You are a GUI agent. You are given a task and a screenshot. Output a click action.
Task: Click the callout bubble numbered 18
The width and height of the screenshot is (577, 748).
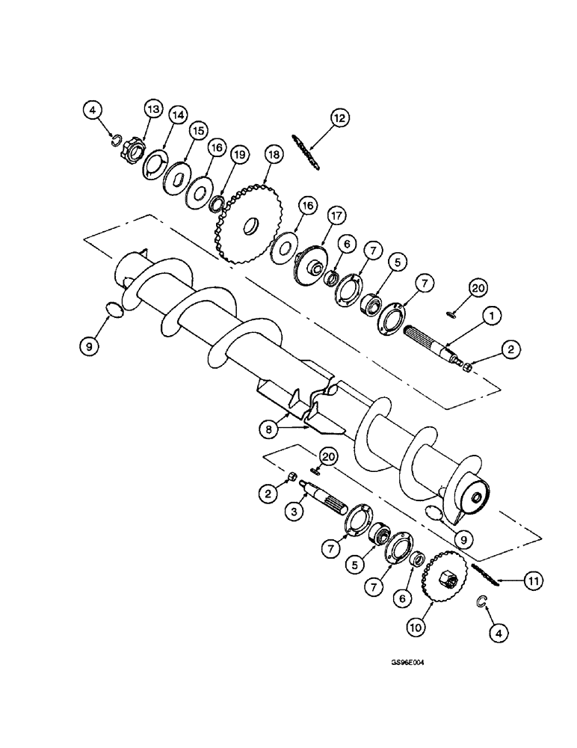pyautogui.click(x=273, y=154)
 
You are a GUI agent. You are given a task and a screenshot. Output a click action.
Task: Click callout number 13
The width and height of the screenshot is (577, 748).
pyautogui.click(x=152, y=110)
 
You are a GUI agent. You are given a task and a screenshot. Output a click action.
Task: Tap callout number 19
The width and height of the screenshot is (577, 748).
pyautogui.click(x=238, y=156)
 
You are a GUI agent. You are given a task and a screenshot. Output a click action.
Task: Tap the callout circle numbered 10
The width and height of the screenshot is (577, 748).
pyautogui.click(x=416, y=624)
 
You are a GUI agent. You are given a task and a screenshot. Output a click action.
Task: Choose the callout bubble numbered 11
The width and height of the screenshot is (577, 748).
pyautogui.click(x=532, y=580)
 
